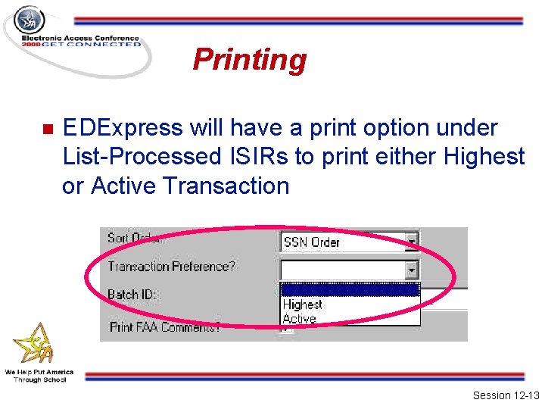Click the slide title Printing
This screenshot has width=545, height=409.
[x=249, y=59]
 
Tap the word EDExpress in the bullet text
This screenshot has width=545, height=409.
[x=123, y=128]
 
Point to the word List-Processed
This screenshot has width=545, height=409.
[x=139, y=157]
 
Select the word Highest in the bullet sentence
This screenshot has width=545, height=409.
[x=484, y=157]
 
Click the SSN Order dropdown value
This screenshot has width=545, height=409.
[x=311, y=242]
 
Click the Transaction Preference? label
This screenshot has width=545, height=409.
[x=171, y=266]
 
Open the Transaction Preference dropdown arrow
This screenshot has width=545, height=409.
[x=411, y=269]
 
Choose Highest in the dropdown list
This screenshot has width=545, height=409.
[x=302, y=304]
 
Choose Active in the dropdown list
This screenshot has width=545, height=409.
[x=299, y=319]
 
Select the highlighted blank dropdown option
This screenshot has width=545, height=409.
[x=349, y=290]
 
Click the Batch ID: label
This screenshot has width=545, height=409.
[x=132, y=294]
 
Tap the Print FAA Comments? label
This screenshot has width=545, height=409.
[x=165, y=327]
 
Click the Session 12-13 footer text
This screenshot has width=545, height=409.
[x=505, y=395]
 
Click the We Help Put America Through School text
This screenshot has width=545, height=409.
[x=39, y=376]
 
